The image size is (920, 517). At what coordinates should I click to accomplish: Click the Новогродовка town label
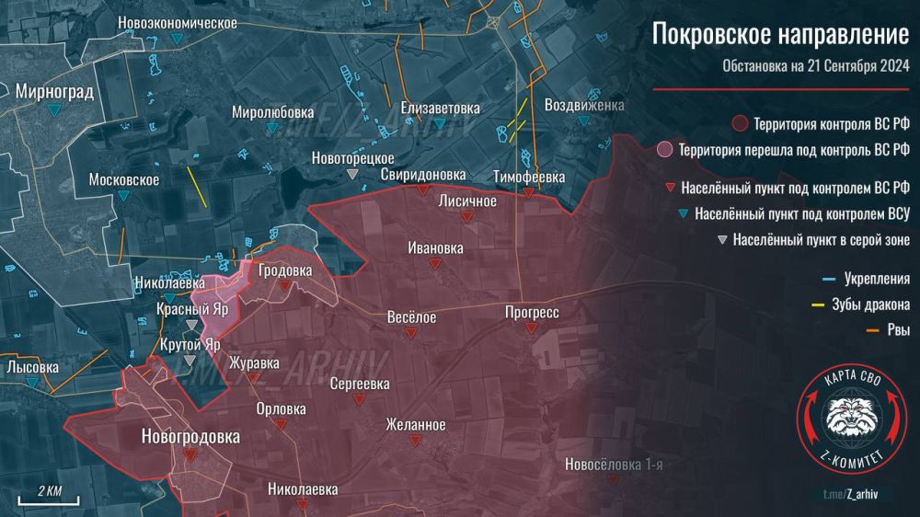point(190,436)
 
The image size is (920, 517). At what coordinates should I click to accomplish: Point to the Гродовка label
point(285,271)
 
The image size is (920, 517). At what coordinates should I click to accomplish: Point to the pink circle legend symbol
point(665,149)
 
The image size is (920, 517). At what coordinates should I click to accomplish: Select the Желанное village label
point(416,425)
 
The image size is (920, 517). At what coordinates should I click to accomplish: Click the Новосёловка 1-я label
point(614,465)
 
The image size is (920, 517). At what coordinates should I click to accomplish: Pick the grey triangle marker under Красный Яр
point(191,326)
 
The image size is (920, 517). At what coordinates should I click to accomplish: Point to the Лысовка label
point(32,366)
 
